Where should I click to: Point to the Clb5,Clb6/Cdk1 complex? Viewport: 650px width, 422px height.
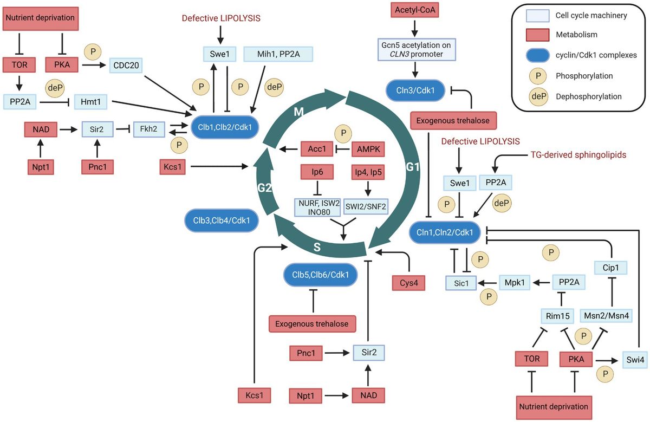pyautogui.click(x=320, y=275)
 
